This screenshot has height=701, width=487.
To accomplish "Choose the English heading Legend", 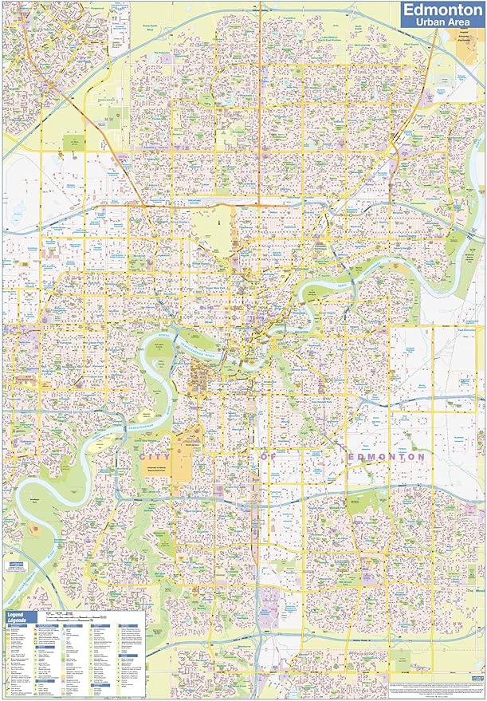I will coord(18,615).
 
